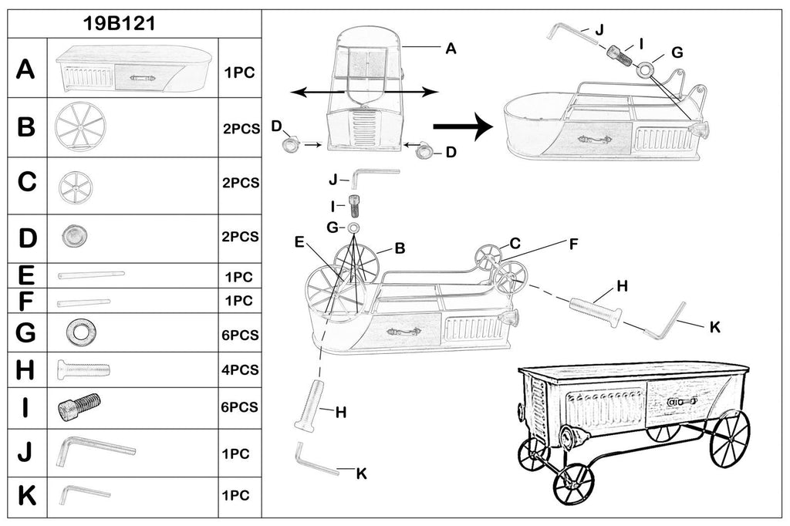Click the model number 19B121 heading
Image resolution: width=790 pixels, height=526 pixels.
point(120,23)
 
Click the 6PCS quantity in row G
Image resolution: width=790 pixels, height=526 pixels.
point(239,335)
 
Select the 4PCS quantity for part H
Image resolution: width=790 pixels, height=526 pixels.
point(239,369)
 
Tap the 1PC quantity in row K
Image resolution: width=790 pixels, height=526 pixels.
point(235,493)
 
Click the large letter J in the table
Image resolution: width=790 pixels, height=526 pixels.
point(26,452)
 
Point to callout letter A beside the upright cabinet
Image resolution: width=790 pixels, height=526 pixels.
point(451,48)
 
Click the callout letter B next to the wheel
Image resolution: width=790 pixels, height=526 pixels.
point(400,248)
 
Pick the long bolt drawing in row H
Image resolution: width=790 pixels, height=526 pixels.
point(83,370)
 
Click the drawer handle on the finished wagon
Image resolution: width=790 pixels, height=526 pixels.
point(683,401)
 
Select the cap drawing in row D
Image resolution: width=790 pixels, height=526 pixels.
point(73,236)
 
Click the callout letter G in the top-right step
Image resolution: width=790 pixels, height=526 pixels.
point(677,52)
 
